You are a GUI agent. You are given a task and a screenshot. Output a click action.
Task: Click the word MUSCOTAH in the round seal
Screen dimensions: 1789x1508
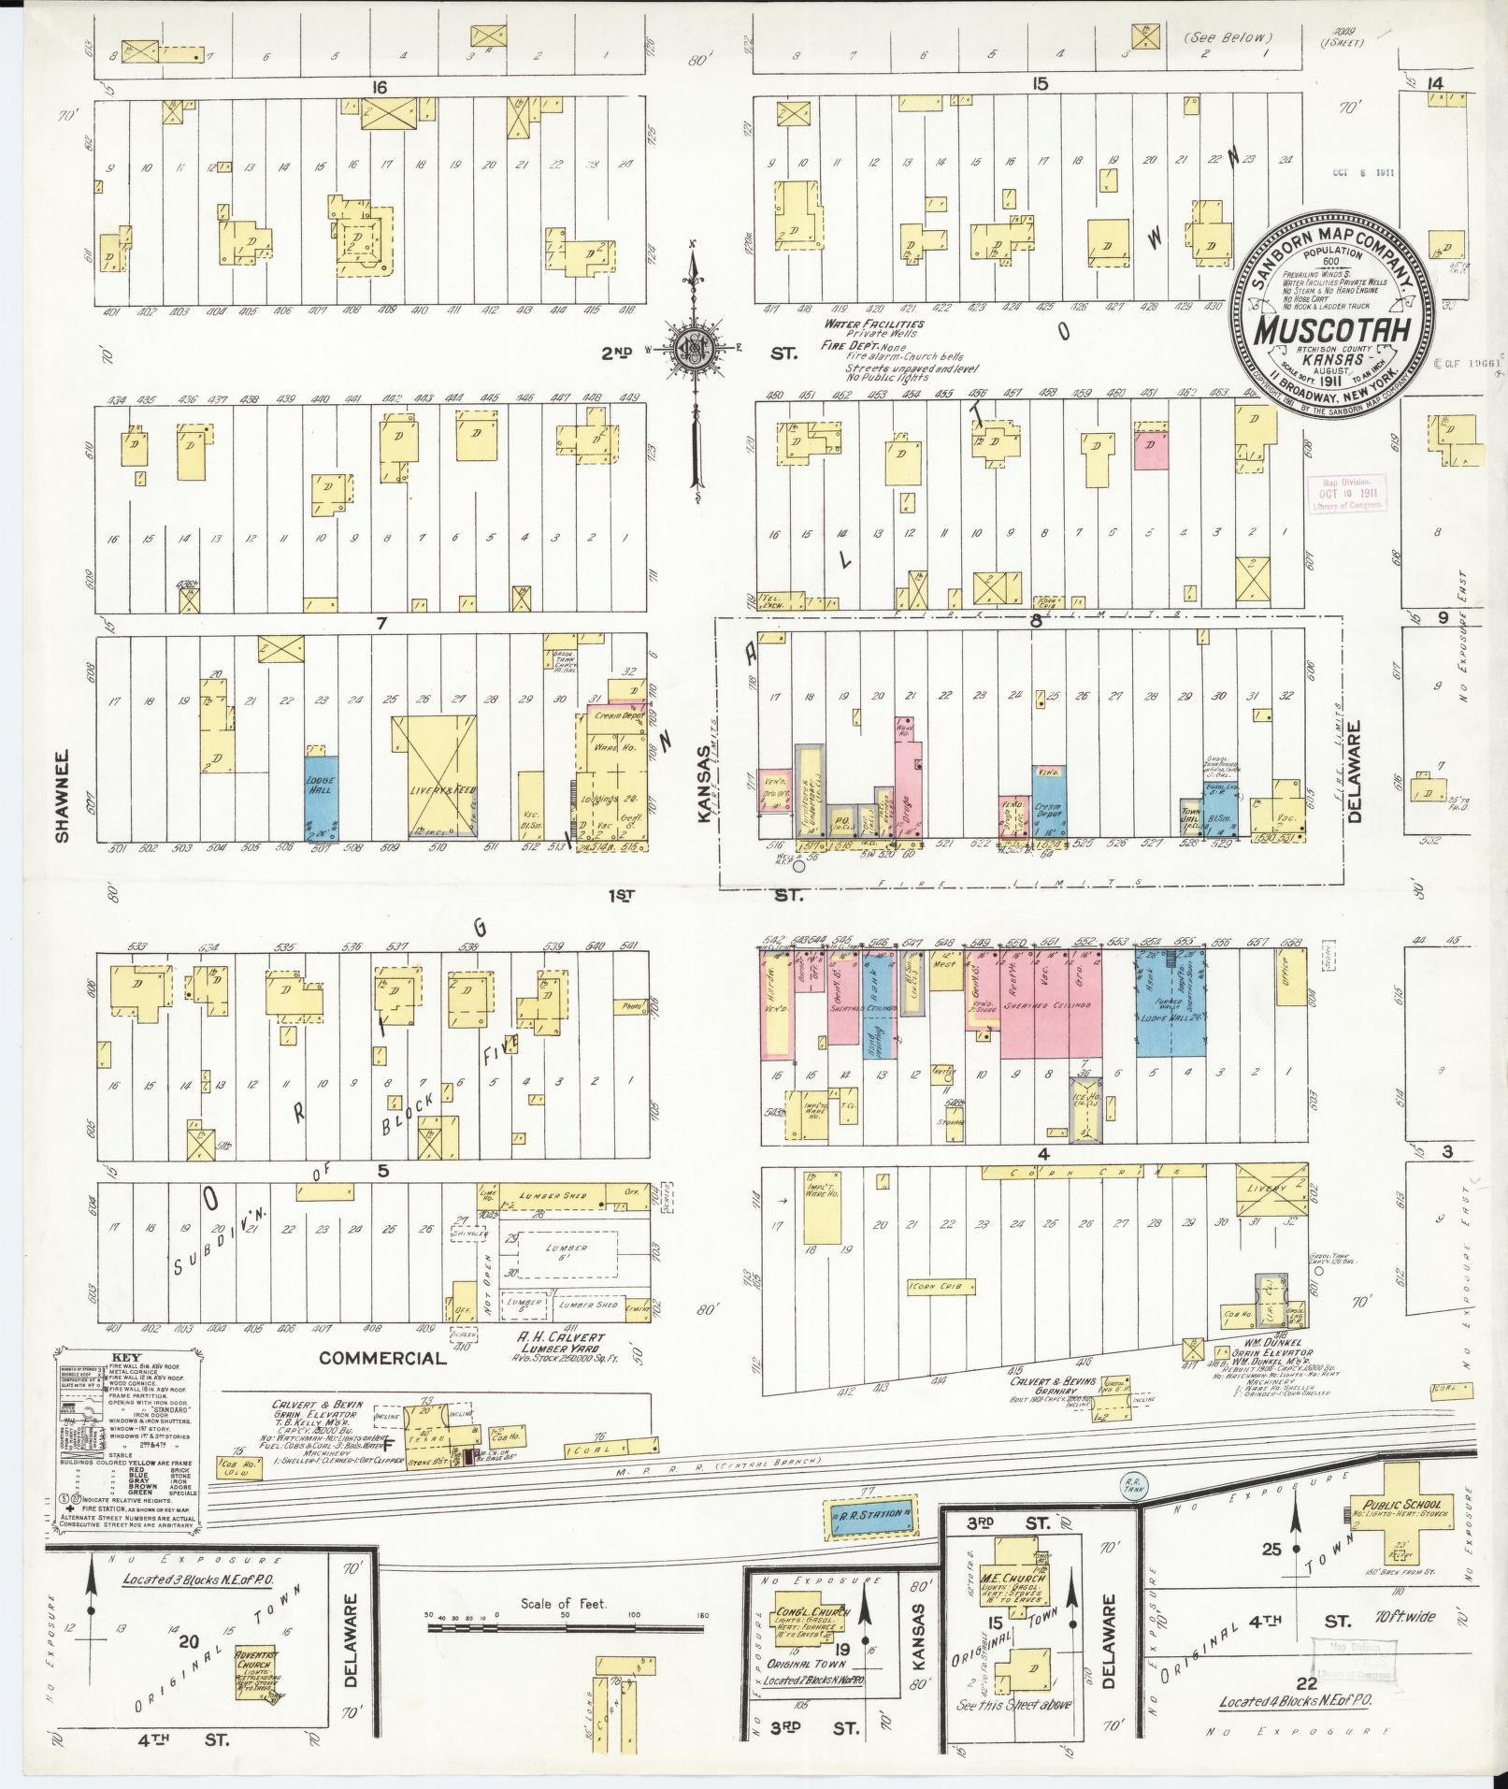coord(1328,330)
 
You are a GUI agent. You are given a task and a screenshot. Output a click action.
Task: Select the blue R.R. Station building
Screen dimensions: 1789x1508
coord(870,1513)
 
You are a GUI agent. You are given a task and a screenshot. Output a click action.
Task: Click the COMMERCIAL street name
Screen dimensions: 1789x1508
coord(382,1357)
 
